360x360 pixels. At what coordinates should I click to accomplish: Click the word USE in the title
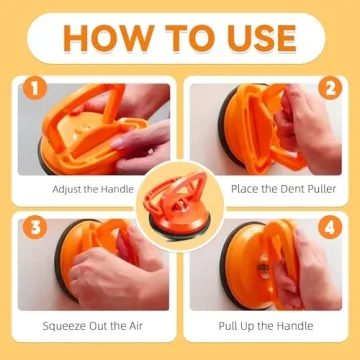[256, 39]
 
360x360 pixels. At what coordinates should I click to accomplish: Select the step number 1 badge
[33, 93]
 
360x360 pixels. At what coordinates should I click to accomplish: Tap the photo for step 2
[265, 130]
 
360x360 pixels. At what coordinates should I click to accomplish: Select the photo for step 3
[95, 265]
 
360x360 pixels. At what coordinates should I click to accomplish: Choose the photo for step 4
[265, 265]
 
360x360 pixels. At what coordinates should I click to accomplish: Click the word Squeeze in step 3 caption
[66, 325]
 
